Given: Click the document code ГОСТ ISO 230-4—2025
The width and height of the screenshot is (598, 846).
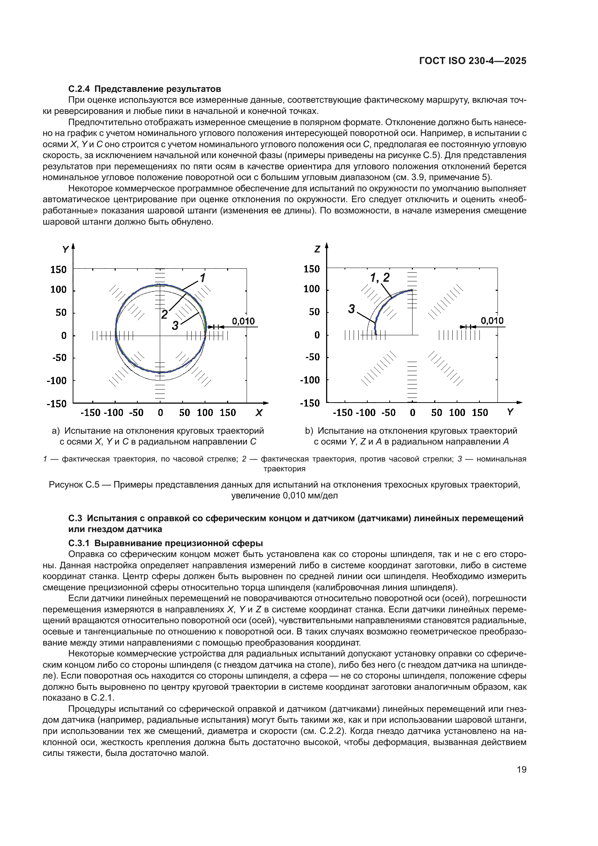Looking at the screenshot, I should tap(473, 61).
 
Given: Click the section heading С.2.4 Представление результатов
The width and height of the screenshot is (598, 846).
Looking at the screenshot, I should tap(144, 89).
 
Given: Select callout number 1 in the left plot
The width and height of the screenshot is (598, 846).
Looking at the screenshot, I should tap(202, 277).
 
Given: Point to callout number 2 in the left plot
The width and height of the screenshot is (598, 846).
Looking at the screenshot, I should tap(164, 314).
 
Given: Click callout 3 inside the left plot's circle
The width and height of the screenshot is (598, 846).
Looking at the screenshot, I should tap(175, 326).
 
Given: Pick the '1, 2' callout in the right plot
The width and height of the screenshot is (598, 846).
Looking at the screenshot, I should tap(379, 277).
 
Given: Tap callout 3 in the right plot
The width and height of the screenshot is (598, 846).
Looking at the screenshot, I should tap(351, 309).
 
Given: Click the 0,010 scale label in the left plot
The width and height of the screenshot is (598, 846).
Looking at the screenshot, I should tap(243, 321).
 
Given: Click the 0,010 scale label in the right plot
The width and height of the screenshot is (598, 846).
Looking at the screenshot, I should tap(492, 320).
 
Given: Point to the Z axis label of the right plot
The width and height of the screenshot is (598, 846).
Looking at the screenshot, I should tap(317, 250).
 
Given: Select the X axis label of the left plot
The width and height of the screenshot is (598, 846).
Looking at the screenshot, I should tap(259, 413).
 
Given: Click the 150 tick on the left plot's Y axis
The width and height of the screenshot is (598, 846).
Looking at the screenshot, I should tap(59, 269).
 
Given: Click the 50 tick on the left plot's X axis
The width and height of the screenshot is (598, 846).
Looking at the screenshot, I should tap(184, 413).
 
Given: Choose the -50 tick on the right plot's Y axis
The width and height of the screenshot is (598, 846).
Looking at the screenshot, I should tap(388, 413).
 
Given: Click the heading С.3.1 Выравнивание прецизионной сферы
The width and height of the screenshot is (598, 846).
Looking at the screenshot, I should tap(165, 543).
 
